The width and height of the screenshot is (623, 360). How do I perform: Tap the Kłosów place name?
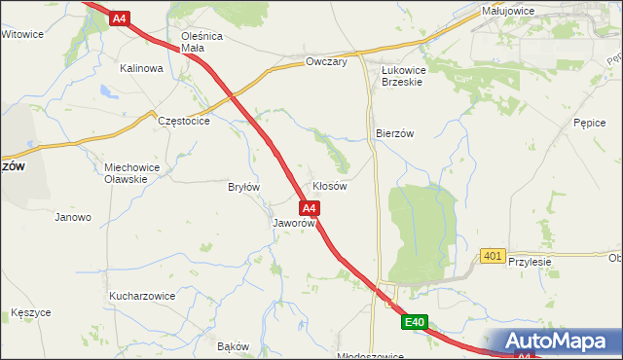click(330, 186)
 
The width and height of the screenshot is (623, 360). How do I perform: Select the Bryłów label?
click(243, 187)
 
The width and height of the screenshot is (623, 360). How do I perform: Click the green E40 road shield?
click(416, 322)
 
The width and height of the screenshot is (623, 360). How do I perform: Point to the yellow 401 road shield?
click(493, 256)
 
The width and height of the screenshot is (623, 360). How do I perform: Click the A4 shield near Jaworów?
click(309, 208)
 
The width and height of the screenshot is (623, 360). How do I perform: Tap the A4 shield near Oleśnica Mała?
click(119, 18)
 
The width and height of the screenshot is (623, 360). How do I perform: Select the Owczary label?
click(326, 61)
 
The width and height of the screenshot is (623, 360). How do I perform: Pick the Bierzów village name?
click(395, 134)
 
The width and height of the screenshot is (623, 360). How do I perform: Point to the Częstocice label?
click(184, 121)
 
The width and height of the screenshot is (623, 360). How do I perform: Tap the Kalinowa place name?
click(140, 69)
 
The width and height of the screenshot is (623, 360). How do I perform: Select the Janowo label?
click(73, 217)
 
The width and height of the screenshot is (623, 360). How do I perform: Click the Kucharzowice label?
click(142, 295)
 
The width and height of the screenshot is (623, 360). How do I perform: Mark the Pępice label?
click(590, 124)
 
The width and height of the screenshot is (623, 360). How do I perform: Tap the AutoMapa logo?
click(556, 342)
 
